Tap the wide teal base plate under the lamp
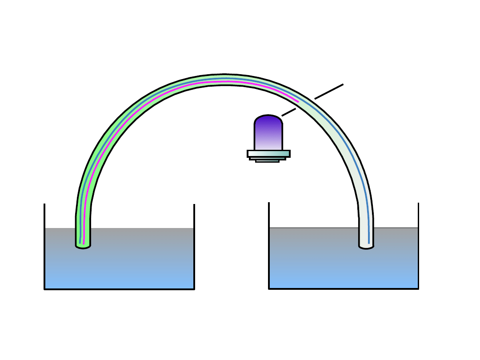[268, 153]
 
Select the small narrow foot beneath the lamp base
[267, 160]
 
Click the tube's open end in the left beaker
[83, 245]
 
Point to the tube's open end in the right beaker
[366, 246]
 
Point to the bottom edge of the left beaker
[119, 289]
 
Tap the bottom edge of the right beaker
[344, 289]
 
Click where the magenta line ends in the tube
[298, 102]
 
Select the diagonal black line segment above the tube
[329, 91]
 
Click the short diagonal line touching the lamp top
[289, 112]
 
